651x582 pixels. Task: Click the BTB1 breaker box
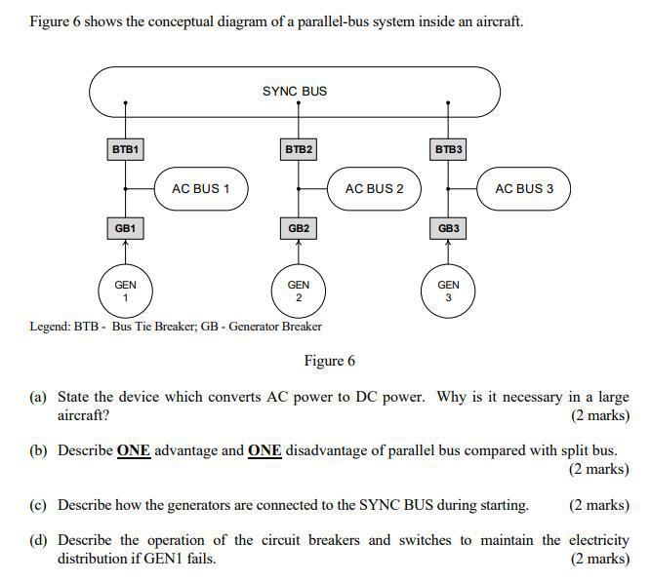coord(125,150)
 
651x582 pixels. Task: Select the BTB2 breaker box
coord(299,150)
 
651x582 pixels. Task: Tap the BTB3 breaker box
coord(448,150)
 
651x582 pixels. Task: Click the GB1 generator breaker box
coord(125,228)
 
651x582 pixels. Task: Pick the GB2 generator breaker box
coord(299,228)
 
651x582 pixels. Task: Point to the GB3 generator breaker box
coord(448,228)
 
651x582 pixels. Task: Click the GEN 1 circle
coord(125,291)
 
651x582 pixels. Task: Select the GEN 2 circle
coord(299,291)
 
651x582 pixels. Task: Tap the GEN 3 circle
coord(448,291)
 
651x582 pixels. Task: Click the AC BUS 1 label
coord(201,188)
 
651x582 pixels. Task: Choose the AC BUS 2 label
coord(374,188)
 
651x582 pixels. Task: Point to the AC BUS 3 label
coord(523,188)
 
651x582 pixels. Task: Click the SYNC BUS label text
coord(295,92)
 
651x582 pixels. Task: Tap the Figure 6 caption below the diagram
coord(329,362)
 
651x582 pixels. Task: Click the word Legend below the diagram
coord(49,327)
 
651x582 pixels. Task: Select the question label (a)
coord(38,398)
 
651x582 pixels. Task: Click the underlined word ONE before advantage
coord(134,450)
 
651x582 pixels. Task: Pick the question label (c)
coord(38,505)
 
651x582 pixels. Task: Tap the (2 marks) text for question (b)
coord(598,469)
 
